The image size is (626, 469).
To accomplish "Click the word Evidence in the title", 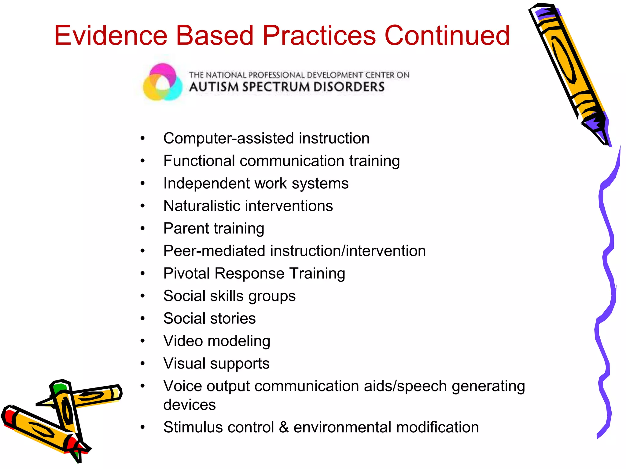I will (x=111, y=36).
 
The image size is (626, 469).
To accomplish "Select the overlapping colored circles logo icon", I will (x=163, y=82).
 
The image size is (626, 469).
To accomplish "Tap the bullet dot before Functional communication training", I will (x=142, y=161).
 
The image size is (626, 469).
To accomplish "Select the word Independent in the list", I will (x=206, y=184).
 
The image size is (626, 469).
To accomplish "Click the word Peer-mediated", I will (x=214, y=251).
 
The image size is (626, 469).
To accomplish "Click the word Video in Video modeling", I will (x=183, y=341).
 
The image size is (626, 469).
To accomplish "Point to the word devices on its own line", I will (x=190, y=405).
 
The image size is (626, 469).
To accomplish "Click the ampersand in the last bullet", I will (x=284, y=427).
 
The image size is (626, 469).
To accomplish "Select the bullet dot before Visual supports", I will (x=142, y=363).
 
